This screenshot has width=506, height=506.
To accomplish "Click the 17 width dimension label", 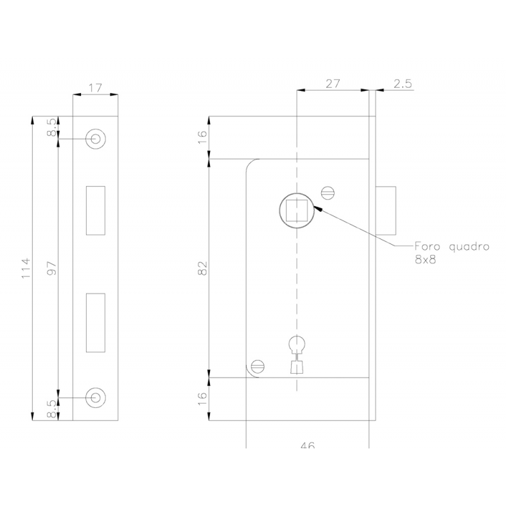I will (95, 88).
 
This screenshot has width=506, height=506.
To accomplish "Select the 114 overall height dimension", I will (26, 268).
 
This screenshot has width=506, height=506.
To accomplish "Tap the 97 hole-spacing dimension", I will (53, 268).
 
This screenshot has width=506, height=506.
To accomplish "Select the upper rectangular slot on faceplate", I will (96, 210).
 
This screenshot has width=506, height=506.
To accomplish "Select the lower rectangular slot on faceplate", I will (96, 322).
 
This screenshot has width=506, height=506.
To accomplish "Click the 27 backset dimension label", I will (333, 83).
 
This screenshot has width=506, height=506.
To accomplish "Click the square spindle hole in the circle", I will (296, 210).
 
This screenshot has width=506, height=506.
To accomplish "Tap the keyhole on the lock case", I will (296, 354).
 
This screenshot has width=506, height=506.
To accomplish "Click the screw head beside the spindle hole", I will (328, 192).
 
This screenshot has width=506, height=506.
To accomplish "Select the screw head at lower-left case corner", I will (257, 365).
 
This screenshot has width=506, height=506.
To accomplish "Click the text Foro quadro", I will (451, 247).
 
